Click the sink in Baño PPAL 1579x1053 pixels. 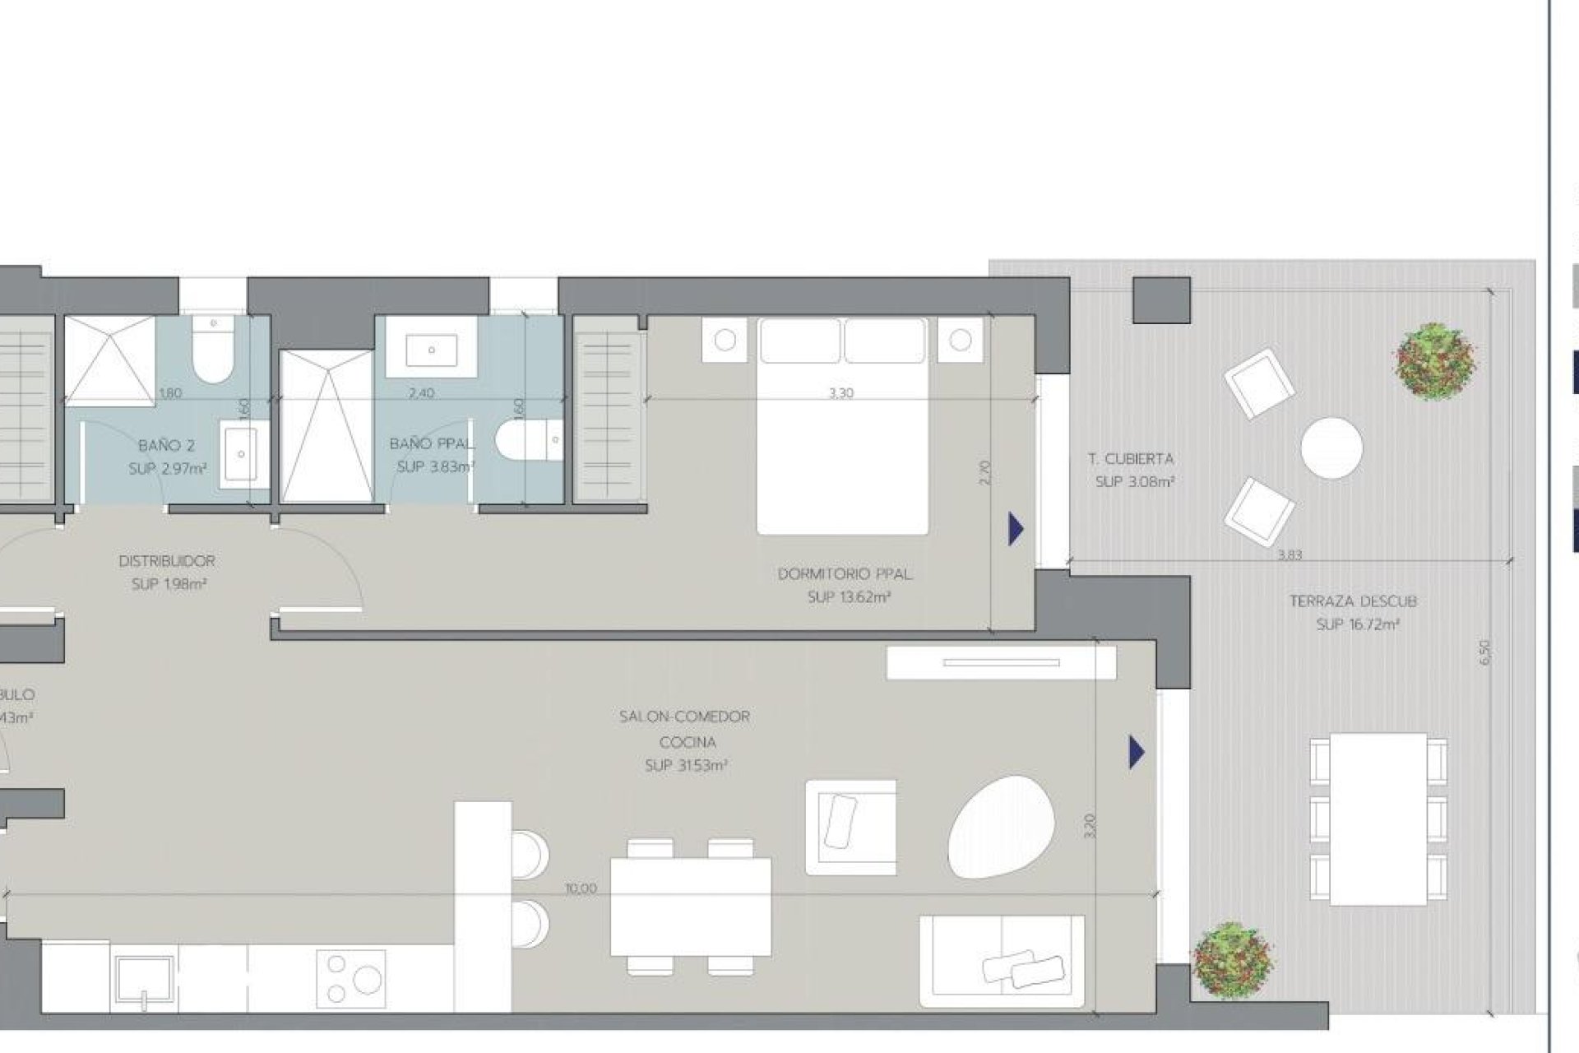pos(431,350)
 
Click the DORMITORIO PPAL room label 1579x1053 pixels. pos(845,574)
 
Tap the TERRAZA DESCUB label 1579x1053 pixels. pos(1353,601)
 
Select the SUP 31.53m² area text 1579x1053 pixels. pos(687,766)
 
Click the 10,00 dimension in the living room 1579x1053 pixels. pos(581,888)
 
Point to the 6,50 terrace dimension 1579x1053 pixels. pos(1484,652)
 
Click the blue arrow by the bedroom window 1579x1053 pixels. pos(1016,529)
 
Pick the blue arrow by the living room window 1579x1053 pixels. pos(1137,752)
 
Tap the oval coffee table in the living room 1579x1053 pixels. pos(1000,827)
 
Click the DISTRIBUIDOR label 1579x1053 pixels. pos(167,561)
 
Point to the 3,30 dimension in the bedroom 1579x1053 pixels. pos(840,393)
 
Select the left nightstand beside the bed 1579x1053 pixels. pos(725,341)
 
